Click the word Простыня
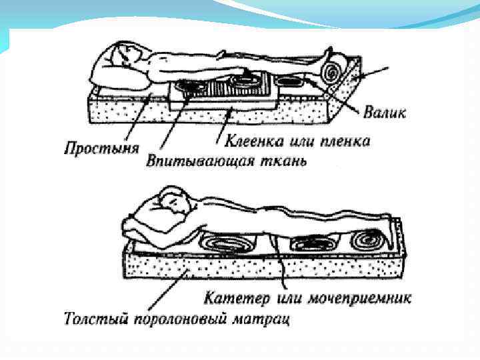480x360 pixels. [101, 147]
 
